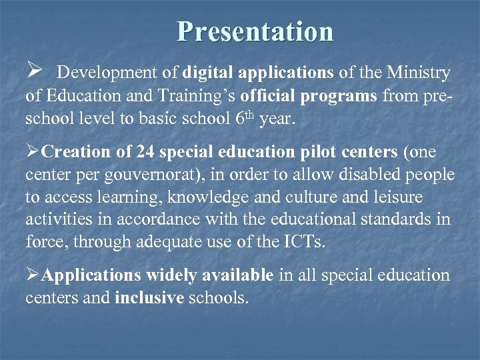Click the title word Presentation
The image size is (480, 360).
tap(255, 31)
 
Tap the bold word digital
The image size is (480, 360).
tap(208, 72)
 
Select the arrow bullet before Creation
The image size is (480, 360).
tap(33, 153)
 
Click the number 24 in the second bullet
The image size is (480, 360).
tap(145, 153)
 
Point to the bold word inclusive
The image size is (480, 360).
tap(149, 298)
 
